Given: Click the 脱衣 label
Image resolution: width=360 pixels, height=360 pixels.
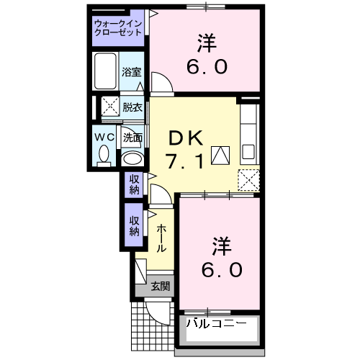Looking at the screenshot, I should click(x=132, y=107).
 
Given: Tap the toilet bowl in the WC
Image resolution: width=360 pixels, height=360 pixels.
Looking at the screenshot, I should click(x=102, y=153).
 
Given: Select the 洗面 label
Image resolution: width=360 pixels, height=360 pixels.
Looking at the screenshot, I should click(x=132, y=137).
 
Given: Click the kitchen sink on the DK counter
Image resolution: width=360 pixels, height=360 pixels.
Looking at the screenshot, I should click(x=248, y=153).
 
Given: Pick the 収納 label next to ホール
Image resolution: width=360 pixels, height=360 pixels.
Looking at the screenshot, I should click(x=135, y=226).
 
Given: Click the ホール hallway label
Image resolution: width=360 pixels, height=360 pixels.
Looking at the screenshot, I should click(x=161, y=238).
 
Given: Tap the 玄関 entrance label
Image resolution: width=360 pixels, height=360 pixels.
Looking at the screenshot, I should click(x=160, y=286).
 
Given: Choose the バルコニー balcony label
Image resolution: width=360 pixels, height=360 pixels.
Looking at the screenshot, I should click(x=216, y=323).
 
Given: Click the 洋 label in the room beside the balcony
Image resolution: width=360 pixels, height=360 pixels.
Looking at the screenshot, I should click(x=220, y=246).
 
